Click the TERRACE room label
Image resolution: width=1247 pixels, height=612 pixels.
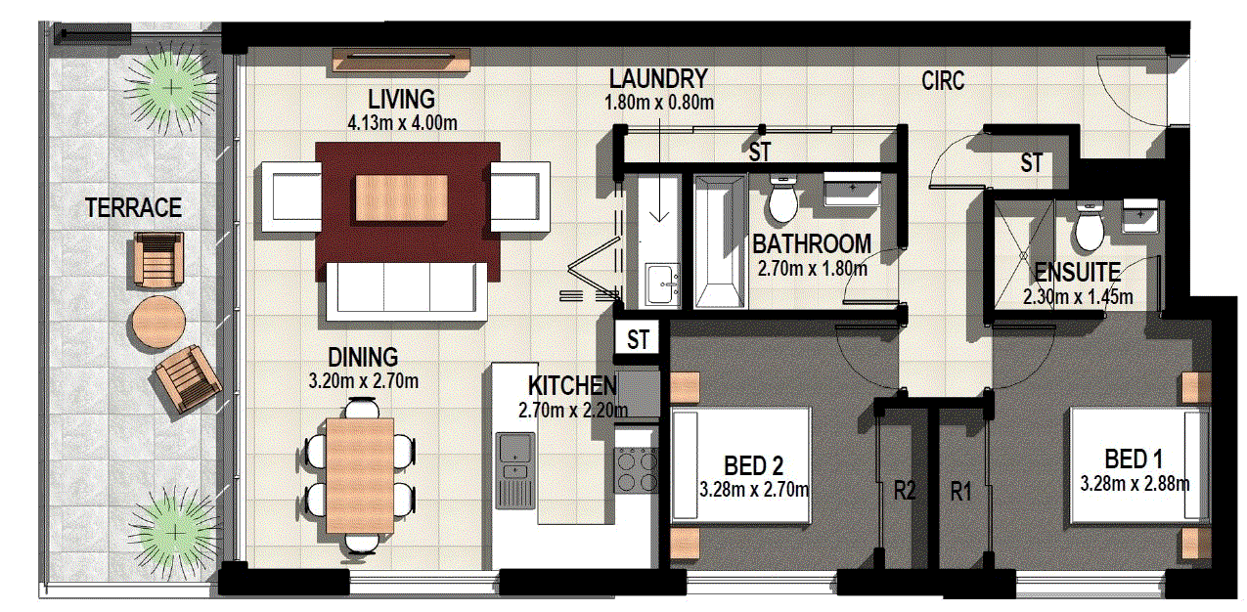(133, 207)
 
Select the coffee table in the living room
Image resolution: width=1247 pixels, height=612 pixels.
(402, 197)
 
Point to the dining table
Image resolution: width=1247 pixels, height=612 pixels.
(359, 473)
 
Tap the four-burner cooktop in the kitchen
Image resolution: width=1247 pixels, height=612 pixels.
(636, 470)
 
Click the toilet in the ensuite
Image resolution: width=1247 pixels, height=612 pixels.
(1088, 229)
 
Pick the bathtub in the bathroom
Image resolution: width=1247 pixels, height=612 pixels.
(719, 242)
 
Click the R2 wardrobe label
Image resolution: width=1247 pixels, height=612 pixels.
(904, 491)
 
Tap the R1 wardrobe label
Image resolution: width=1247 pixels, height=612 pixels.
(962, 491)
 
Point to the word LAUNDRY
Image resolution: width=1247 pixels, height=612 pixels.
(656, 78)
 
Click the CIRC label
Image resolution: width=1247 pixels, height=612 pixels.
(943, 81)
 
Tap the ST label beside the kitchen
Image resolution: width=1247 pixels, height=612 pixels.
(639, 340)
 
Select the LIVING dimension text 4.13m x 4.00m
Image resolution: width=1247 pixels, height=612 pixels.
(402, 123)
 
